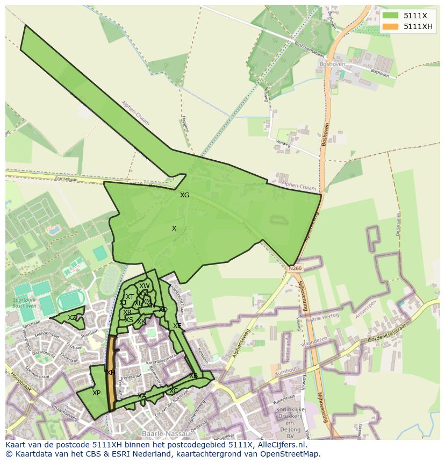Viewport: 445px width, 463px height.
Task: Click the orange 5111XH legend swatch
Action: pos(391,26)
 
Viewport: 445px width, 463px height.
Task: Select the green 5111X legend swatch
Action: pos(391,16)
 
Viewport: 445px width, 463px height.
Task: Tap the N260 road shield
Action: pos(295,268)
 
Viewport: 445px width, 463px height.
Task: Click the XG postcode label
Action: pos(184,195)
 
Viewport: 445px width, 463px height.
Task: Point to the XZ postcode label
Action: pos(72,318)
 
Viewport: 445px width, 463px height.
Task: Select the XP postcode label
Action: pos(96,393)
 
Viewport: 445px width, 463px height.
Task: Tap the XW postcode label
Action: pos(145,286)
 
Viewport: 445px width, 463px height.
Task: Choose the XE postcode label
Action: pos(177,326)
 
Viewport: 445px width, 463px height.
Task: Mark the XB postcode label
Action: pos(193,375)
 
